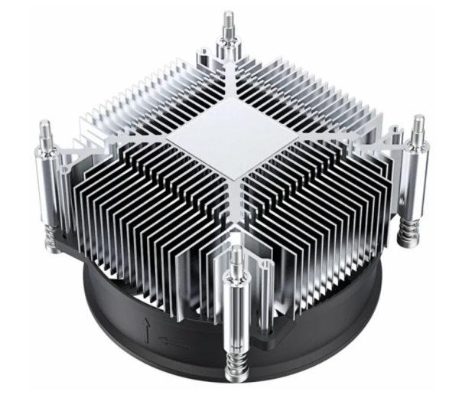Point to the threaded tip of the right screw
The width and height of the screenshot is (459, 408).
(419, 126)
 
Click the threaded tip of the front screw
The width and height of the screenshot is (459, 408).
(236, 256)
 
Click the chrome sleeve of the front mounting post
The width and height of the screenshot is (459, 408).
(237, 306)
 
